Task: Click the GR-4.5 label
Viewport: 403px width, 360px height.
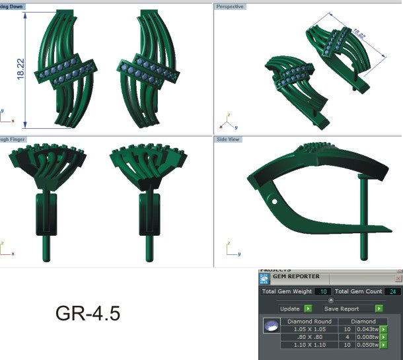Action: (x=88, y=312)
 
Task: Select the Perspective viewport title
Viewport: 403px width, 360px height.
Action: (x=230, y=7)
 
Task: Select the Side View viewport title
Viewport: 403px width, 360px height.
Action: (x=229, y=140)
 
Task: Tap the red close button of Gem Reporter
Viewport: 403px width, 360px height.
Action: (x=398, y=279)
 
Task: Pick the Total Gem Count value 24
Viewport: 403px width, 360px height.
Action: (x=392, y=291)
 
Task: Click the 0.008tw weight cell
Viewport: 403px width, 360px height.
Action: (x=367, y=337)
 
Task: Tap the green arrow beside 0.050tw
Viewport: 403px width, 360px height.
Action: (x=383, y=344)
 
